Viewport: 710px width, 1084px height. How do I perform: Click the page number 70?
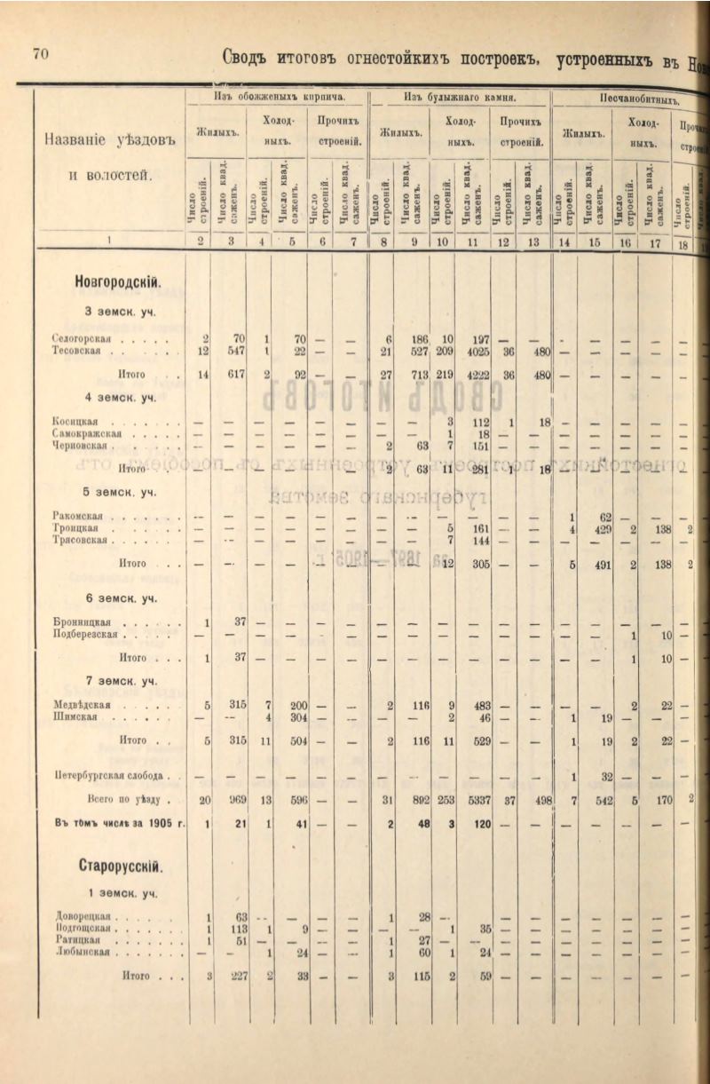(41, 53)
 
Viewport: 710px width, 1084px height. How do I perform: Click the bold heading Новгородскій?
(118, 283)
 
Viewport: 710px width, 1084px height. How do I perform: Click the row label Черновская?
(81, 446)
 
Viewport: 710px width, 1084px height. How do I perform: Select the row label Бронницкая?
(79, 623)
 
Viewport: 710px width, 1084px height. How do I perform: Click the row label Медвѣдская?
(81, 705)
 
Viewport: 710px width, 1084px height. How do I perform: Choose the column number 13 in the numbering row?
(532, 241)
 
